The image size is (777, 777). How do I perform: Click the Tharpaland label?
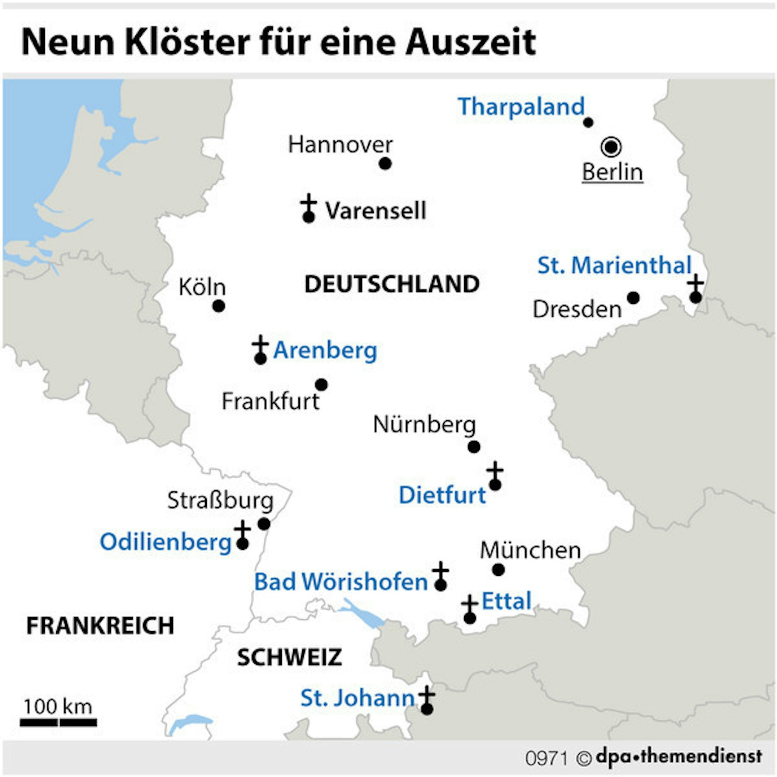(x=521, y=107)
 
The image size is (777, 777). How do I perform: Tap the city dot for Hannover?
(x=385, y=164)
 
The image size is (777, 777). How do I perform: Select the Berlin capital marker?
(x=611, y=147)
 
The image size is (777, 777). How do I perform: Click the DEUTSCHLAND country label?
(x=392, y=284)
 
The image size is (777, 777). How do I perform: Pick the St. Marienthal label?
(x=615, y=266)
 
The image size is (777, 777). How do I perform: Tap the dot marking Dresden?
(x=633, y=298)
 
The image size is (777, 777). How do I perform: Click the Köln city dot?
(x=218, y=306)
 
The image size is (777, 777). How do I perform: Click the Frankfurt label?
(x=271, y=401)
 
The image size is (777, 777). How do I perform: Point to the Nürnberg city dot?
(x=474, y=446)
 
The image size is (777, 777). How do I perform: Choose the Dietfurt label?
(x=443, y=495)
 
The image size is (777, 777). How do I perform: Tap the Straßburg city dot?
(x=264, y=524)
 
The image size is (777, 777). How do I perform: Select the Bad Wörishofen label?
(x=341, y=582)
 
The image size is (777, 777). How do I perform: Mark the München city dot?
(x=498, y=570)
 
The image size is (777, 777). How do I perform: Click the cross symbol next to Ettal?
(x=469, y=605)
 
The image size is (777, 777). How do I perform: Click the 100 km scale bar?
(x=58, y=723)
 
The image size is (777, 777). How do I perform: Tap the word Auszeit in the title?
(x=470, y=42)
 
